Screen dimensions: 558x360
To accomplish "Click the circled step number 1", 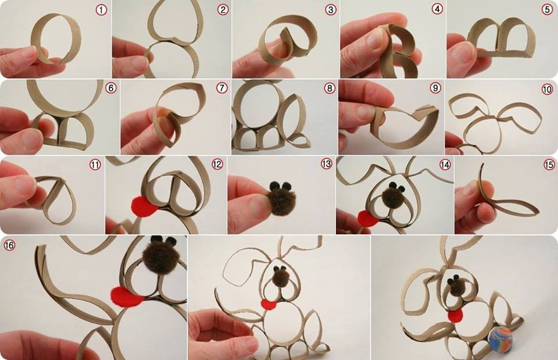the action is [x=101, y=10].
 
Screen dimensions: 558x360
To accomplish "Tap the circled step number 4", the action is [x=437, y=9].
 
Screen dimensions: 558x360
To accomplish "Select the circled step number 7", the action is [x=221, y=88].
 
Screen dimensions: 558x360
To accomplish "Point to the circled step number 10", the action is [x=547, y=89].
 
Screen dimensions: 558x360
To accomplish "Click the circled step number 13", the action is [x=326, y=163].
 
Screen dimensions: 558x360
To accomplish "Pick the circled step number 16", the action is [x=9, y=245].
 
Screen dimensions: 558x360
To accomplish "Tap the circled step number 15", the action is [x=549, y=165].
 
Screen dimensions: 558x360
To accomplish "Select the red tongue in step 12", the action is [x=144, y=206].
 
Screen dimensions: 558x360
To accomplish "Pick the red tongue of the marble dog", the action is [x=456, y=315].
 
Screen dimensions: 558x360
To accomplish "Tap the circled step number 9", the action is [x=435, y=88].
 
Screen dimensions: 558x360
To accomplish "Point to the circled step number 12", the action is [x=217, y=164].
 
